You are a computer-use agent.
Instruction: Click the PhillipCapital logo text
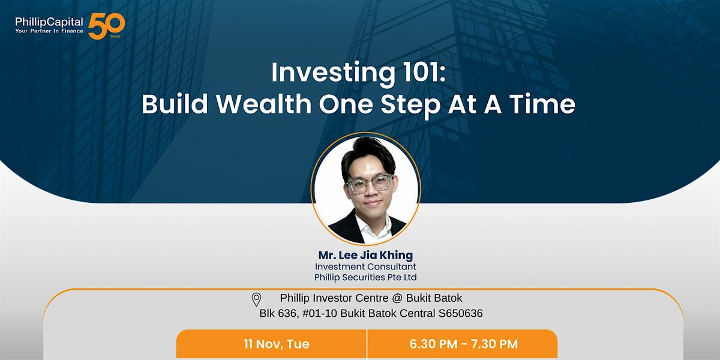pos(49,22)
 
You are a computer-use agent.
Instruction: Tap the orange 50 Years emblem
pos(106,26)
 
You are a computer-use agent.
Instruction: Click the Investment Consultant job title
pos(365,266)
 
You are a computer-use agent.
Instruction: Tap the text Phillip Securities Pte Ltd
pos(365,277)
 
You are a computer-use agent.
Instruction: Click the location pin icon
pos(256,299)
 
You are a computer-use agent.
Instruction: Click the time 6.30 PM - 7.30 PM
pos(463,344)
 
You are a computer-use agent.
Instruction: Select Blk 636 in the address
pos(275,313)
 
